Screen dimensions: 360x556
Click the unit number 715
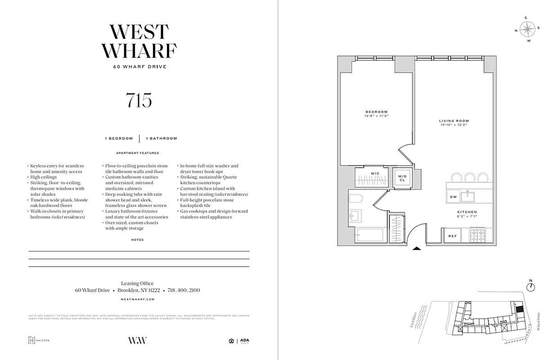click(x=139, y=99)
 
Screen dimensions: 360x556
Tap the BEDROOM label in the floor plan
click(x=377, y=112)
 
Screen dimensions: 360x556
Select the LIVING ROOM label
click(x=454, y=121)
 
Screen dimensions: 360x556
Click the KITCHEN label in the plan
click(x=467, y=212)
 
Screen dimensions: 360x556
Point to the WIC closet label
click(x=375, y=173)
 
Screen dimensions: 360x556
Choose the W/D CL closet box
click(x=402, y=177)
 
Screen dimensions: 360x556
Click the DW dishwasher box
click(x=453, y=197)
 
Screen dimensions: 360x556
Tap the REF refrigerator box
click(x=452, y=235)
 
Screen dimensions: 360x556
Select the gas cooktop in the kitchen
click(x=478, y=234)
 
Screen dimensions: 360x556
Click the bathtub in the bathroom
click(x=369, y=235)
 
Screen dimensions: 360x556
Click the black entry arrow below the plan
click(x=417, y=248)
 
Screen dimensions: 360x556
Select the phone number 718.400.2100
click(x=183, y=290)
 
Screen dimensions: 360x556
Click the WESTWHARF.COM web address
click(x=138, y=299)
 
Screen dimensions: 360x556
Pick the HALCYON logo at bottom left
click(x=39, y=340)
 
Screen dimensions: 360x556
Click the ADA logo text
click(x=244, y=340)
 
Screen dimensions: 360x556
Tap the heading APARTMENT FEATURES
click(x=138, y=153)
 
